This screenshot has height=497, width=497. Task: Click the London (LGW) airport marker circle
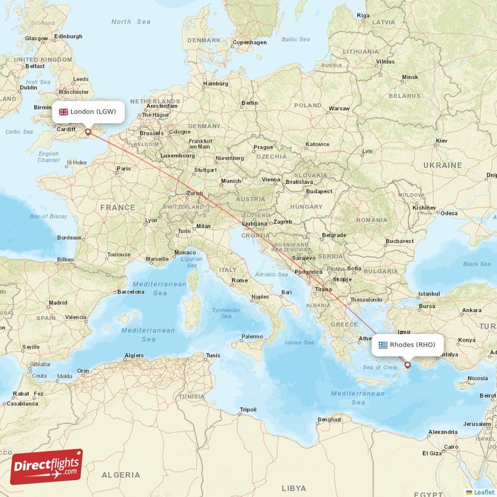pyautogui.click(x=88, y=132)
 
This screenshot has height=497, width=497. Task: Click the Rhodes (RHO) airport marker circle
pyautogui.click(x=408, y=365)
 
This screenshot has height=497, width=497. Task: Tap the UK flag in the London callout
pyautogui.click(x=63, y=112)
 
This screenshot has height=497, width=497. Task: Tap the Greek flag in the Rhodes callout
pyautogui.click(x=383, y=345)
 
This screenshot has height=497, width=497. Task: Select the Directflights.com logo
pyautogui.click(x=46, y=467)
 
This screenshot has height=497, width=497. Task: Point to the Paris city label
pyautogui.click(x=124, y=168)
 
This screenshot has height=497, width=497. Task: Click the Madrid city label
pyautogui.click(x=58, y=303)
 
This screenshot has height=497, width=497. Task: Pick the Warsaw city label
pyautogui.click(x=339, y=108)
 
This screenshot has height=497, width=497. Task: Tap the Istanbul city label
pyautogui.click(x=429, y=293)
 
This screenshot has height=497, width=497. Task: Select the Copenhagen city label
pyautogui.click(x=249, y=42)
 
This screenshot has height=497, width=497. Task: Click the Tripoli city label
pyautogui.click(x=248, y=409)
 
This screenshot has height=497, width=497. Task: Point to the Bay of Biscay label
pyautogui.click(x=48, y=216)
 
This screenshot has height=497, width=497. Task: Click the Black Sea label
pyautogui.click(x=476, y=264)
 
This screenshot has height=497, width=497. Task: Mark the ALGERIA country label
pyautogui.click(x=121, y=475)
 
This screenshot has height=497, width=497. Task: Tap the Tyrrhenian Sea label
pyautogui.click(x=226, y=313)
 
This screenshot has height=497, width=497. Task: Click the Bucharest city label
pyautogui.click(x=399, y=241)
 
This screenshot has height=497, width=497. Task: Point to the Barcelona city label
pyautogui.click(x=130, y=291)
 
